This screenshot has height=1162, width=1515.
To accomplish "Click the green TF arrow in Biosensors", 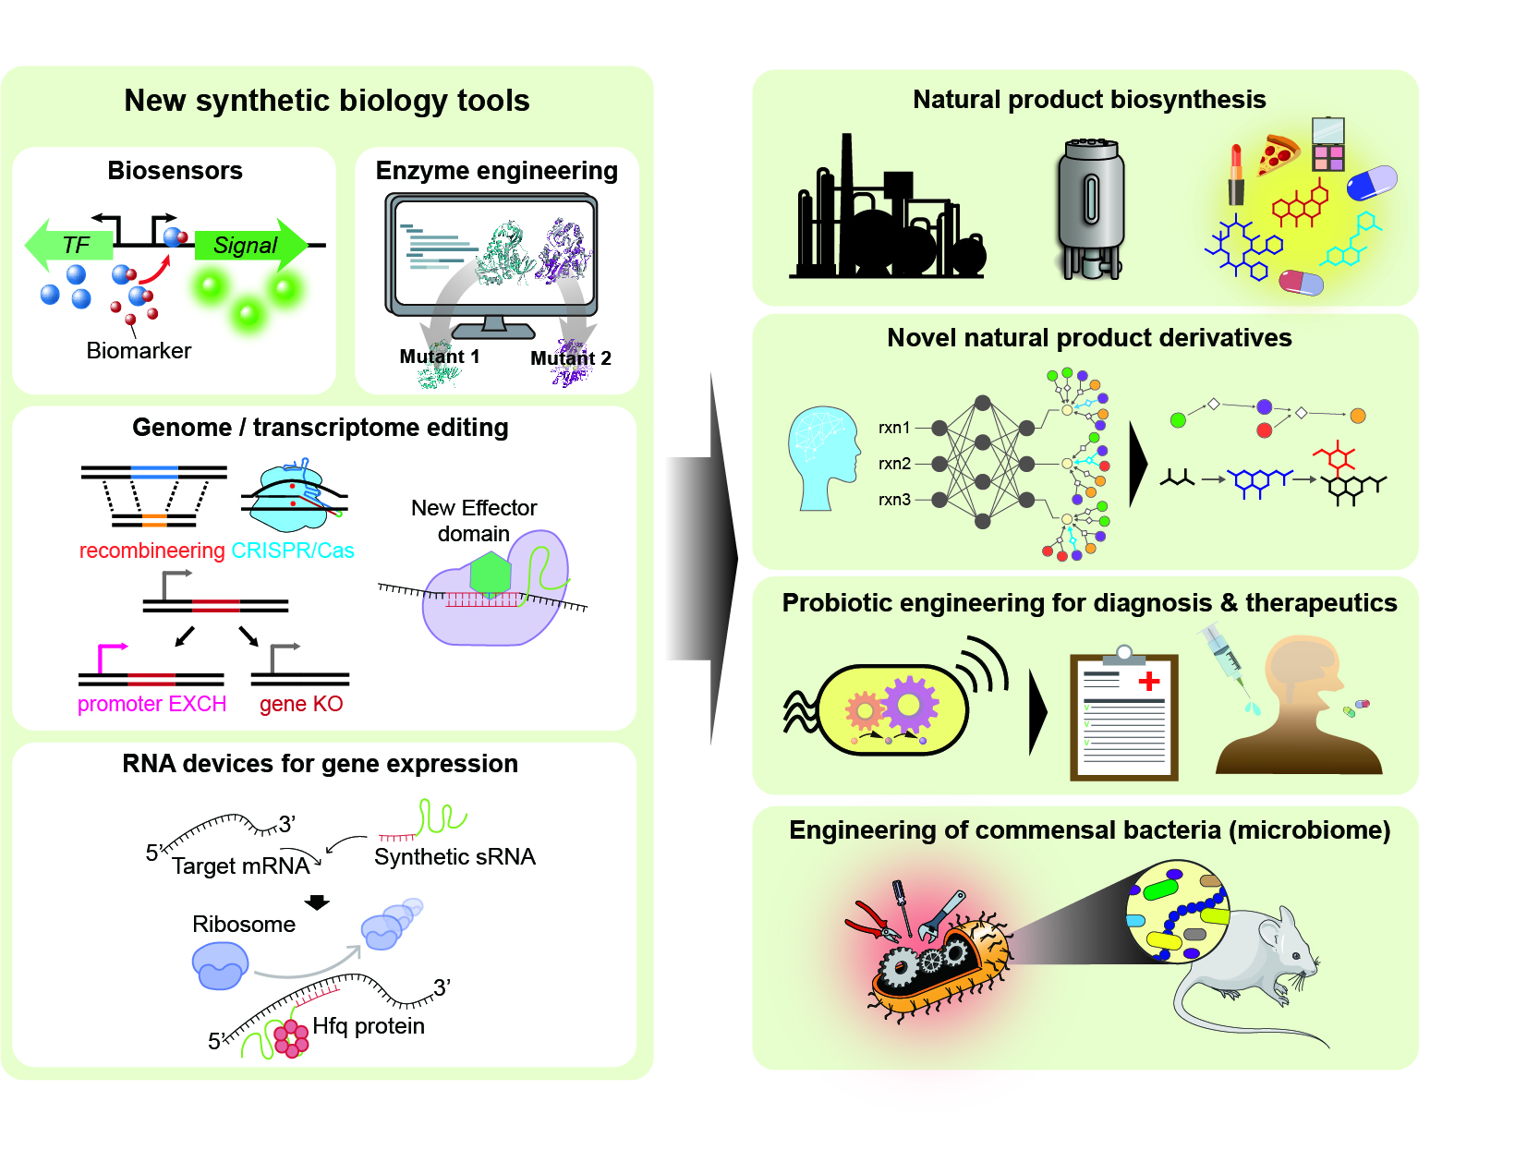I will point(69,245).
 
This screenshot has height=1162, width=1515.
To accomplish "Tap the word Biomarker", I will point(139,351).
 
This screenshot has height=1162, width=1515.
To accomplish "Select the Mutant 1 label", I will point(440,357).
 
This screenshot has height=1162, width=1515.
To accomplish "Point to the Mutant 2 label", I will point(571,358).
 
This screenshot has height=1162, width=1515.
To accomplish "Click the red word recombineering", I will point(151,551).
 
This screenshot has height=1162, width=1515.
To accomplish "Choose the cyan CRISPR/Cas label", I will point(293,551).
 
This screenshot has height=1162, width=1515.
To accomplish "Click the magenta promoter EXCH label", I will point(151,704).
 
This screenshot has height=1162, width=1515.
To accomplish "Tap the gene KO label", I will point(301,704).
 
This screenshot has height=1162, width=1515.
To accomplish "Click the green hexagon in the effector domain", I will point(491,575).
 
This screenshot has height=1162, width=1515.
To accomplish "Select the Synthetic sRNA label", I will point(454,857).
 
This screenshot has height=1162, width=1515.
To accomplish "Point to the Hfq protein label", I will point(369,1026).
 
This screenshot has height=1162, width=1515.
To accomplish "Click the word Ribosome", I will point(244,925).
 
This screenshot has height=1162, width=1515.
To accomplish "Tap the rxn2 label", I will point(894,464).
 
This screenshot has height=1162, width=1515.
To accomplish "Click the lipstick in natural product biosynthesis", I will point(1236,175).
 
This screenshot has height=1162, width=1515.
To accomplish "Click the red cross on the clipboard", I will point(1149,682).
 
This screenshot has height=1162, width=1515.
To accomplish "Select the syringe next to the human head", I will point(1227,658).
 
